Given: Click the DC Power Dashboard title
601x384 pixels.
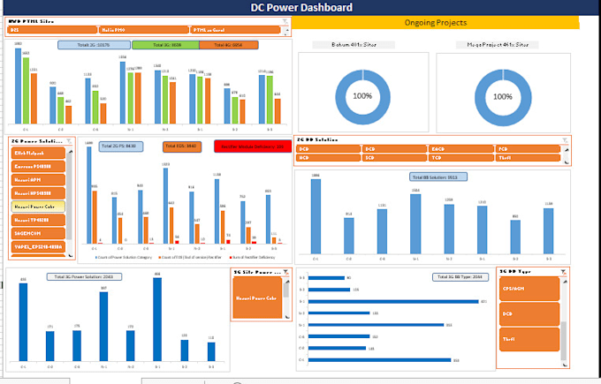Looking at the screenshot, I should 300,7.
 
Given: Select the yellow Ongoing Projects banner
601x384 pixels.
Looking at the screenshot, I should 436,21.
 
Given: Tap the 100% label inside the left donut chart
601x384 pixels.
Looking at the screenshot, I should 362,95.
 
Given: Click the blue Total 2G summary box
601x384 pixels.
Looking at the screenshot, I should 94,44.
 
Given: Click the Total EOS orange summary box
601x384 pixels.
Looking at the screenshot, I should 182,146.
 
